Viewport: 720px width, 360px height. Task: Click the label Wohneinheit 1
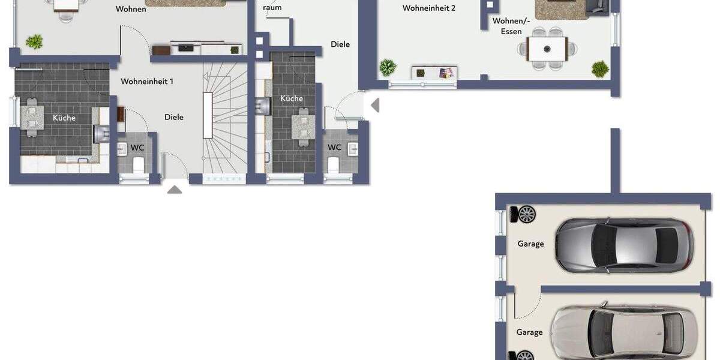pos(147,81)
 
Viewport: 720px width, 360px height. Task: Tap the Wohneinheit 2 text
pos(429,8)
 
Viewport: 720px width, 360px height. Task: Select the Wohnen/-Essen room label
pos(511,26)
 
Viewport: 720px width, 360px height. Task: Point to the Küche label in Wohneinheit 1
pos(64,118)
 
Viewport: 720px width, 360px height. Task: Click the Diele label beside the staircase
pos(174,117)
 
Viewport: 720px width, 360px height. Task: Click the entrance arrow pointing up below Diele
pos(175,190)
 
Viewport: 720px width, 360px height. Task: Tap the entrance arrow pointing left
pos(376,106)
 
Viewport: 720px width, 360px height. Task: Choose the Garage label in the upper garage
pos(531,244)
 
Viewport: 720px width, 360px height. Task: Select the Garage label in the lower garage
pos(530,332)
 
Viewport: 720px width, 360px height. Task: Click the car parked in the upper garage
pos(624,245)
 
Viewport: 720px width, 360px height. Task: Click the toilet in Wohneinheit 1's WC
pos(139,164)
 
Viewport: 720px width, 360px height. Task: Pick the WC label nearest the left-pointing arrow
pos(334,147)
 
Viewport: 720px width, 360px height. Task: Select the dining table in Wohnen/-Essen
pos(547,49)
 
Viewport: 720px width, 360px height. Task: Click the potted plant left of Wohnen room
pos(34,41)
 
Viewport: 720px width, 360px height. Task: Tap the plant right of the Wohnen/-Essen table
pos(600,69)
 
